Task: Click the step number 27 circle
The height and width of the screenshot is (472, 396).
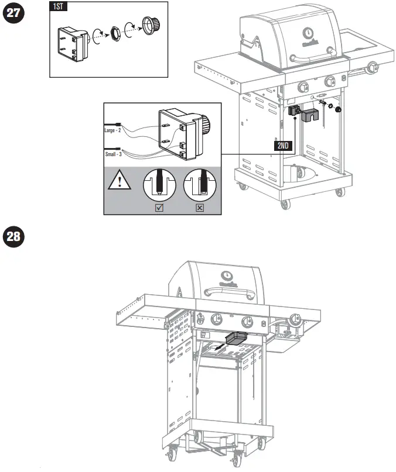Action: (14, 15)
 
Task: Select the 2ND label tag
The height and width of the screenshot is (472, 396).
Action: (283, 146)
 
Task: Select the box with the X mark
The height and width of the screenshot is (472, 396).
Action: (199, 207)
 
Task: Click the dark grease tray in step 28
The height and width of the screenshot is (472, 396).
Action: (236, 338)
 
